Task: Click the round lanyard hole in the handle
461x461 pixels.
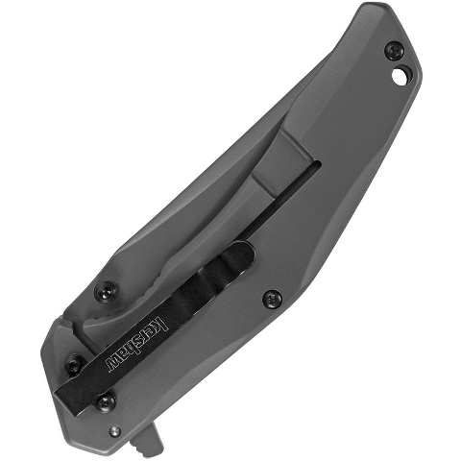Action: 400,74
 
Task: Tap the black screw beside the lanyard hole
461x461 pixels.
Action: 395,51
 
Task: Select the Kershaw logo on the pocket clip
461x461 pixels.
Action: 136,345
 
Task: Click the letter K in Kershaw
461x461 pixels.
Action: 162,324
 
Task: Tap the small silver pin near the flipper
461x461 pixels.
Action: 115,431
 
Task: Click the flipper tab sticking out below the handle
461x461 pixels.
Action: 146,438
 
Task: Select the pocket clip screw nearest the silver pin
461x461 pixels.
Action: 106,401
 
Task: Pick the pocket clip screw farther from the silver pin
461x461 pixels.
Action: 74,364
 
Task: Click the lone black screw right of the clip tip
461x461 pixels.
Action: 272,299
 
